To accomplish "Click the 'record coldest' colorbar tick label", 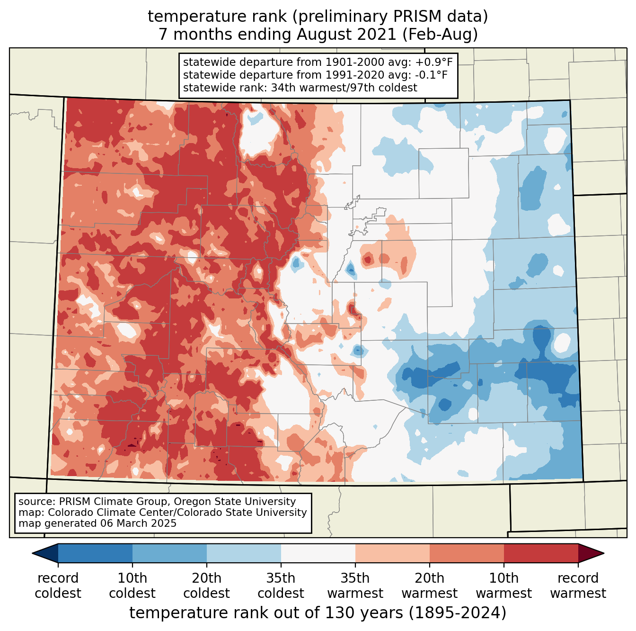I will (58, 586).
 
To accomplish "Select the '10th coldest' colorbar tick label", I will (132, 586).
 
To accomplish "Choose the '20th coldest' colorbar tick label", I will (207, 586).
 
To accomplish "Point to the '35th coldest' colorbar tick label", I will (281, 586).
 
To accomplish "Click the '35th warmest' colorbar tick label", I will (355, 586).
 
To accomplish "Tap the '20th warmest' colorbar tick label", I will (430, 586).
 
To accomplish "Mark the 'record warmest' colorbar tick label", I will (578, 586).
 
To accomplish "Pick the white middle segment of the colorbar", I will (318, 553).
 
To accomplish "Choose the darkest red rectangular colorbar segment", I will (541, 553).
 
